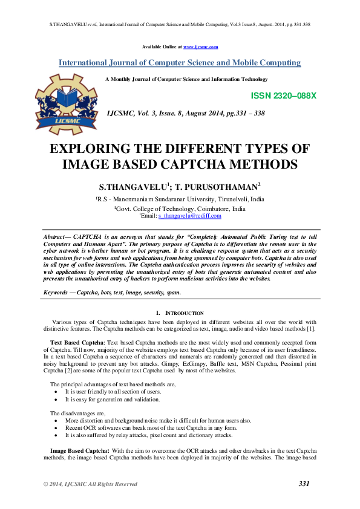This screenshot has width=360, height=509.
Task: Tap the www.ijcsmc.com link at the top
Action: [200, 47]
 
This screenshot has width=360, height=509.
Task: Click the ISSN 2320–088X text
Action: [283, 96]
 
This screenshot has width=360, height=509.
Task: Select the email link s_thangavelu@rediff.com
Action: [189, 215]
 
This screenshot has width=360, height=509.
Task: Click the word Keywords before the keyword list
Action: [56, 292]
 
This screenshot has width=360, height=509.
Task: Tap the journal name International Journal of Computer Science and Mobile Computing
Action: [180, 62]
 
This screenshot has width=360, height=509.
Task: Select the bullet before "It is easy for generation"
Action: [56, 399]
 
